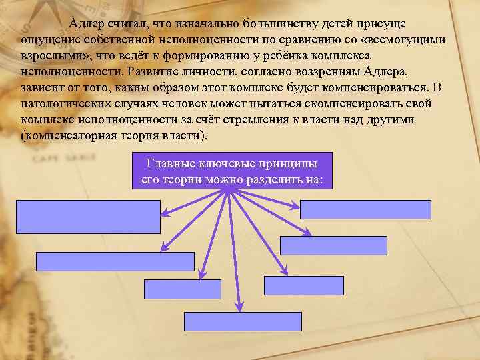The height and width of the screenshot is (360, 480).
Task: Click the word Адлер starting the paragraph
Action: [x=85, y=24]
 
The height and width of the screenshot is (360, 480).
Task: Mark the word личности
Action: [x=220, y=71]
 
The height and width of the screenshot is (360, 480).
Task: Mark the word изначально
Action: [x=198, y=24]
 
